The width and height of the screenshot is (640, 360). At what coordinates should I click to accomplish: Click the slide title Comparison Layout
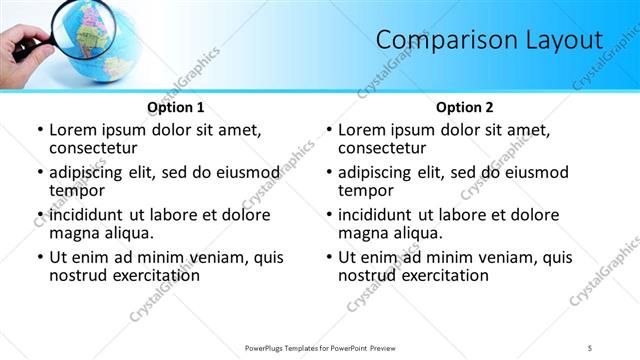tap(489, 40)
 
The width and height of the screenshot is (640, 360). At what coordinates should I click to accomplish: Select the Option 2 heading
tap(464, 107)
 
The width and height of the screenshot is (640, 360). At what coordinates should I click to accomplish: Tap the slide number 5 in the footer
tap(590, 347)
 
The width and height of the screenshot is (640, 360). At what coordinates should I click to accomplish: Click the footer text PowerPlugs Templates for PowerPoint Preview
tap(320, 347)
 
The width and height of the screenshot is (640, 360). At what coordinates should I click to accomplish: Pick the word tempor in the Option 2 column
tap(366, 190)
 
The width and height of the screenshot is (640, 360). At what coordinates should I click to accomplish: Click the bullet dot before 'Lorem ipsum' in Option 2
tap(329, 131)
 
